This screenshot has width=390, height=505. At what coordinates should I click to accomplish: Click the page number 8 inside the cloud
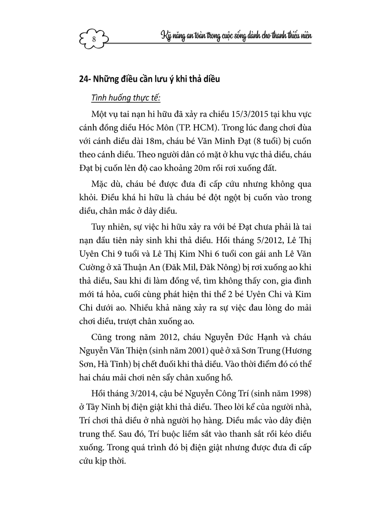(x=94, y=39)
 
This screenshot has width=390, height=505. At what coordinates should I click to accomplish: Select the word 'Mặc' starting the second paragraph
(x=101, y=184)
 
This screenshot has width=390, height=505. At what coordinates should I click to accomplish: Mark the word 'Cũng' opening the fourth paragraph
(x=101, y=337)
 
